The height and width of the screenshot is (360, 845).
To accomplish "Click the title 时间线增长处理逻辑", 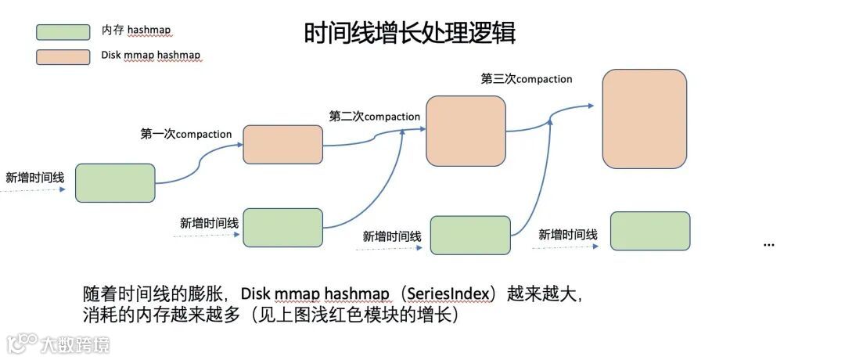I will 409,34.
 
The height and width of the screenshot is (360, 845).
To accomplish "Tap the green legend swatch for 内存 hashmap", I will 63,31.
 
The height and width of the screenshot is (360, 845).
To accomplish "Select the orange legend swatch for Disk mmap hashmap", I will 63,56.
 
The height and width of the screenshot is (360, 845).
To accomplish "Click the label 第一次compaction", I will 186,134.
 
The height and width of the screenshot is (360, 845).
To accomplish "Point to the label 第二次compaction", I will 375,117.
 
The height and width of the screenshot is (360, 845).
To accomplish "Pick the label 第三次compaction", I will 527,79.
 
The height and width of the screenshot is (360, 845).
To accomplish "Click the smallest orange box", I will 282,144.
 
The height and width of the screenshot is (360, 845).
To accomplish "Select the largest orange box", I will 644,119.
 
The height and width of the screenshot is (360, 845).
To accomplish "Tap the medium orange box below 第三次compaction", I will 467,131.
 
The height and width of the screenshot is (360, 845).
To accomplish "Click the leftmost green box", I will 115,183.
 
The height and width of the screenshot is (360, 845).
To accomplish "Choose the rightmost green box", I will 649,231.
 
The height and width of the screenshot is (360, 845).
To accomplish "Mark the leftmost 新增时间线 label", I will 35,177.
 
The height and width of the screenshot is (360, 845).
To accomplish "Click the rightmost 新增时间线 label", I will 568,235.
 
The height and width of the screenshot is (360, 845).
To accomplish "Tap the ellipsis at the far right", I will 768,244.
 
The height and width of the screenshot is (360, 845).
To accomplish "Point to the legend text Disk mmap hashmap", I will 151,56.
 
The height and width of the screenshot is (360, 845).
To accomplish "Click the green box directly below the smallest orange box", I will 282,228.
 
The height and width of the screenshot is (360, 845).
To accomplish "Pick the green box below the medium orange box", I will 470,235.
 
